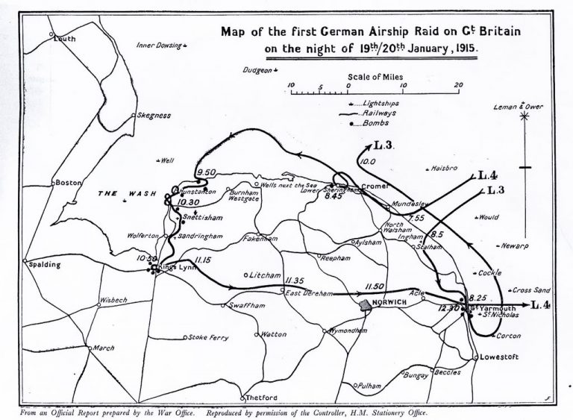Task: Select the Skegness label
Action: [x=154, y=116]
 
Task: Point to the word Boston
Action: [x=66, y=182]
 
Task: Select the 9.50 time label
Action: [x=204, y=174]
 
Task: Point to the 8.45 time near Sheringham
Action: [x=333, y=197]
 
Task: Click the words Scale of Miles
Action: [x=374, y=76]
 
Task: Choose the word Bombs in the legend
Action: [x=375, y=122]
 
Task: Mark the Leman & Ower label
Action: [x=519, y=107]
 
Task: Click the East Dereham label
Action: [x=308, y=293]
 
